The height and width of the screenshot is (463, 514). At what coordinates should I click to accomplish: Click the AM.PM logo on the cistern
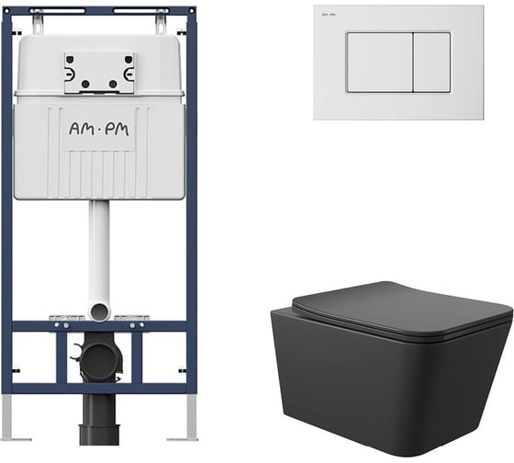coord(99,130)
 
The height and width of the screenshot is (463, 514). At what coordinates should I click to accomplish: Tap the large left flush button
coord(380,62)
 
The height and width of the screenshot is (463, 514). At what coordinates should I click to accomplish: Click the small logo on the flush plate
coord(329,15)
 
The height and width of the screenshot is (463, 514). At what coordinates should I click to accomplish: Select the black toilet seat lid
coord(403,309)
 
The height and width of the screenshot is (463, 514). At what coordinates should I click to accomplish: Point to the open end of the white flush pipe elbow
coord(99,311)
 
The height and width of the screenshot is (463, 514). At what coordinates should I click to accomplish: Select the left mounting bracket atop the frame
coord(38,23)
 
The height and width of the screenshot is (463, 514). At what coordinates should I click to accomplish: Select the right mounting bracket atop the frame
coord(161,23)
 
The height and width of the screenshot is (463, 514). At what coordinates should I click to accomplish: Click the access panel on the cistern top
coord(99,73)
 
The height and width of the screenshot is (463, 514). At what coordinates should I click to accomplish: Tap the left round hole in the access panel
coord(85,84)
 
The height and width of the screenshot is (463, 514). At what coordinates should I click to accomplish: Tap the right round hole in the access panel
coord(113,84)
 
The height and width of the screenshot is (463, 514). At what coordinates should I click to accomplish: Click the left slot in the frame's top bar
coord(57,11)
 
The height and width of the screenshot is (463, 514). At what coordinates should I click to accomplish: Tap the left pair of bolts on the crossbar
coord(61,325)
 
